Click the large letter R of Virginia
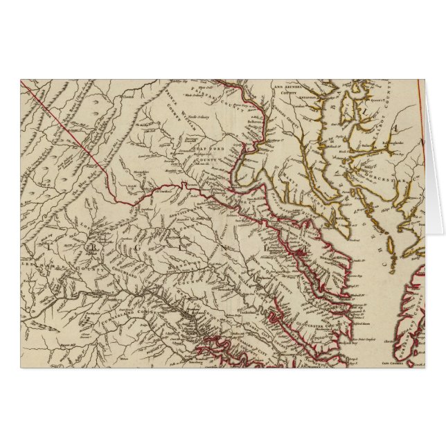tap(91, 244)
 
